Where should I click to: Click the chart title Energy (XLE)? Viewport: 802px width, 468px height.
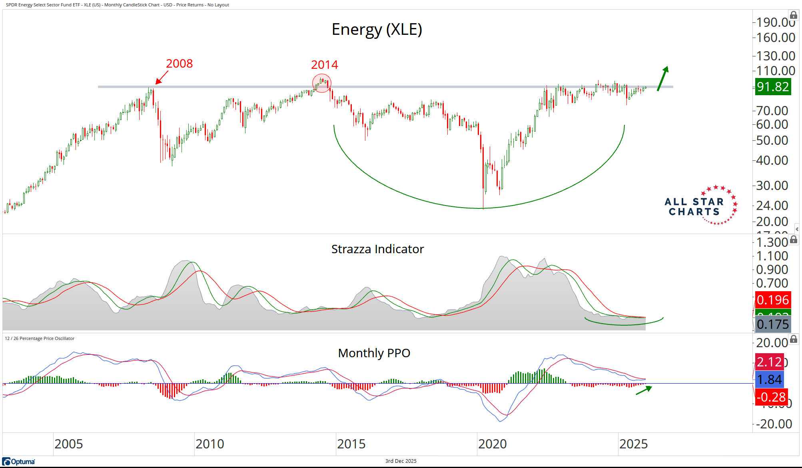coord(377,30)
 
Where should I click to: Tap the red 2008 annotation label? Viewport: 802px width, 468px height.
coord(179,64)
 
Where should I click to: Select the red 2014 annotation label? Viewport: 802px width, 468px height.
coord(324,65)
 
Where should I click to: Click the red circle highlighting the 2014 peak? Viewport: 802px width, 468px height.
coord(322,83)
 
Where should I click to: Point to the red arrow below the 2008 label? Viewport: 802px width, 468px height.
coord(162,78)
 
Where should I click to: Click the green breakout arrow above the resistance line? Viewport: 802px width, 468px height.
coord(662,78)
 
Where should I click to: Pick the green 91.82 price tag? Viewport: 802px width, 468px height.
coord(772,87)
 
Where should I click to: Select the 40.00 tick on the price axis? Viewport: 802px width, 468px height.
coord(772,160)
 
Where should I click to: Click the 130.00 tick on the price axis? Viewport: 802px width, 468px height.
coord(775,56)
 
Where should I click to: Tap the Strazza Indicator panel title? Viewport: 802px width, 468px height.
coord(377,249)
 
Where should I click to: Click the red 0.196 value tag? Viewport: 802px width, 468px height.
coord(772,300)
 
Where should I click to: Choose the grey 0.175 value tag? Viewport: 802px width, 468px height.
coord(772,324)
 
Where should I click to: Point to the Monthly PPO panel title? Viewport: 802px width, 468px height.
coord(374,353)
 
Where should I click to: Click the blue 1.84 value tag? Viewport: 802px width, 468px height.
coord(769,379)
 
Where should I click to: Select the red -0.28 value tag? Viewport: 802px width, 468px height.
coord(771,397)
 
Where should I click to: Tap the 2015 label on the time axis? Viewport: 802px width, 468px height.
coord(351,444)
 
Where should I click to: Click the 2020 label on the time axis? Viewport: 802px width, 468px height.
coord(492,444)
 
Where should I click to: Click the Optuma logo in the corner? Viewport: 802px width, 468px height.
coord(19,462)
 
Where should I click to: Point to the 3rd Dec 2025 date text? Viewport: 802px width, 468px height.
coord(401,461)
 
